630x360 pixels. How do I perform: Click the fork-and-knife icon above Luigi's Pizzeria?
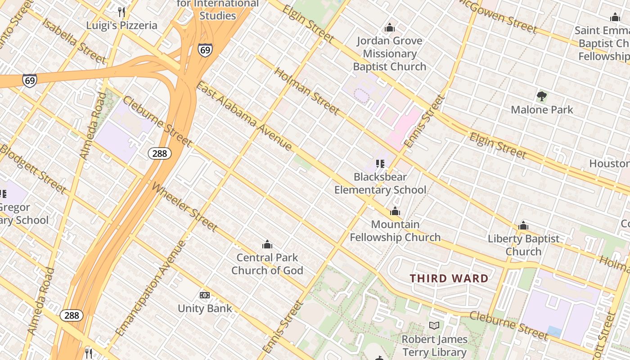click(x=121, y=12)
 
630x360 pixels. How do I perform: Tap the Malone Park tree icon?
click(x=542, y=96)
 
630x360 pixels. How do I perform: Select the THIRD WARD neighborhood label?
click(x=449, y=279)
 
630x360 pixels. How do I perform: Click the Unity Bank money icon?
click(x=205, y=295)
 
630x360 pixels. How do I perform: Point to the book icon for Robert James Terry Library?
click(x=434, y=325)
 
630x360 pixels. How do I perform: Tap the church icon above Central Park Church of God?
click(x=267, y=244)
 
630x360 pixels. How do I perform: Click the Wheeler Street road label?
click(x=184, y=207)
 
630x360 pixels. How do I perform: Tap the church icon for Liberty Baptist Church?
click(x=523, y=225)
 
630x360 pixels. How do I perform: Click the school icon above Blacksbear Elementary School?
click(x=380, y=164)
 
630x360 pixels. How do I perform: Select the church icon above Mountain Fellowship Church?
click(x=395, y=211)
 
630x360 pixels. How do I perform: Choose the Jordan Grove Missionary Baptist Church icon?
click(x=390, y=28)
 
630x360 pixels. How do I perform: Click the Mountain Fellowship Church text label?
click(x=395, y=231)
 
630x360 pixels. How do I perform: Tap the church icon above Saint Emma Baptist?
click(x=615, y=18)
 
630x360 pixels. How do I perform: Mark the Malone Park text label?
click(x=542, y=109)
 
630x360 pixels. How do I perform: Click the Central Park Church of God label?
click(x=267, y=264)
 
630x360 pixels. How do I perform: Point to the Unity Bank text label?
click(x=205, y=309)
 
